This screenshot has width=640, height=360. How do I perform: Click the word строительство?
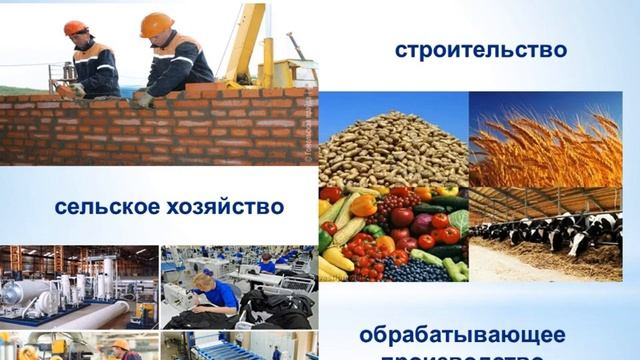(480, 49)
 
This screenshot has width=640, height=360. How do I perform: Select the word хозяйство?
(227, 207)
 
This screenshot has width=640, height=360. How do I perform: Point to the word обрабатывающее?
(462, 334)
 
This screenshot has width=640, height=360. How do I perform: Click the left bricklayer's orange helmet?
(75, 28)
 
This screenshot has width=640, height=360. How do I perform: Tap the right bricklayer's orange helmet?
(156, 24)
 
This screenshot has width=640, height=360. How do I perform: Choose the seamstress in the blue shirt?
(216, 292)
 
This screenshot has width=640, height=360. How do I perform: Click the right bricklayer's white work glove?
(143, 98)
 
